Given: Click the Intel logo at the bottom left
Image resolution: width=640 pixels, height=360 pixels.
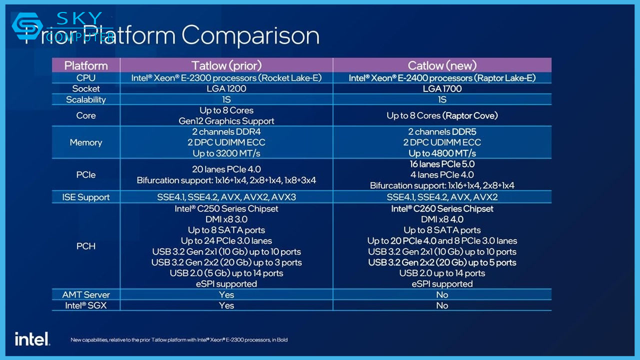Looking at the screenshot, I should click(x=32, y=338).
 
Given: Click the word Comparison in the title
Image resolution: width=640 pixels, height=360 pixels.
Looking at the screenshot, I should click(x=250, y=36).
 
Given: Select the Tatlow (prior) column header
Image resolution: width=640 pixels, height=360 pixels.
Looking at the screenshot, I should click(x=226, y=65).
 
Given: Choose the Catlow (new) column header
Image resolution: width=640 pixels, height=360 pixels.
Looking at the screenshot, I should click(x=442, y=65).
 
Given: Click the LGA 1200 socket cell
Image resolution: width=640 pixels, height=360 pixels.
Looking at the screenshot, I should click(x=226, y=88).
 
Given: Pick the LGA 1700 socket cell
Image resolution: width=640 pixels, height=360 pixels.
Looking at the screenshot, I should click(x=442, y=88).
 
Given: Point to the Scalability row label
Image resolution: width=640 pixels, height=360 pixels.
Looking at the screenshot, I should click(x=86, y=99).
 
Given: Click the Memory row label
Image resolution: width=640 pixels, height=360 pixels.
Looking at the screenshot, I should click(x=86, y=142).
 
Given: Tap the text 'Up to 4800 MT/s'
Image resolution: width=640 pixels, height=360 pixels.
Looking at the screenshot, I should click(x=442, y=153).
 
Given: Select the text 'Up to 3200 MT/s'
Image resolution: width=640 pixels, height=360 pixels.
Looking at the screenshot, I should click(x=226, y=153).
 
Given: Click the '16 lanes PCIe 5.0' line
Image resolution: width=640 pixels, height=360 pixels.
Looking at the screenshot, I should click(x=442, y=164).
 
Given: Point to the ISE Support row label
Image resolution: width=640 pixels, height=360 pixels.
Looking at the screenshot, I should click(x=86, y=197).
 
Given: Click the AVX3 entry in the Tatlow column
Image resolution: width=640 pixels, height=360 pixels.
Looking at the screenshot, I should click(x=283, y=197).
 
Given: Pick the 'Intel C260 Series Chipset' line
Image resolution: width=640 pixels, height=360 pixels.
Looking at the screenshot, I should click(x=442, y=208).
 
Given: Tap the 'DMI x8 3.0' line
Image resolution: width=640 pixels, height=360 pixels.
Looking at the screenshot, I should click(x=226, y=219).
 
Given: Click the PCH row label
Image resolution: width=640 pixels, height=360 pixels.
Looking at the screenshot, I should click(x=86, y=246).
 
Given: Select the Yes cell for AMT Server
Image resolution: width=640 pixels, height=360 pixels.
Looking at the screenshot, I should click(x=226, y=294).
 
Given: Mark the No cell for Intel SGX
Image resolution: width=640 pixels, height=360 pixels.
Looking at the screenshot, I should click(x=442, y=305).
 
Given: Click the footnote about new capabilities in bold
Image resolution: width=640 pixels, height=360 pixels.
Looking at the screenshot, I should click(x=179, y=340).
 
